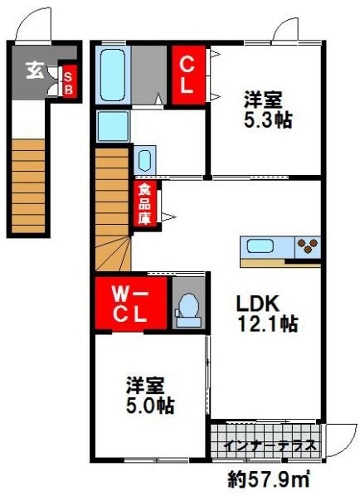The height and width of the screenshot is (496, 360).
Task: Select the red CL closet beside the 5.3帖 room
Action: tap(187, 75)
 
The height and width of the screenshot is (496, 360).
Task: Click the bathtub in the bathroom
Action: tap(112, 75)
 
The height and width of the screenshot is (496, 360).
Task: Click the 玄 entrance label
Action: tap(35, 70)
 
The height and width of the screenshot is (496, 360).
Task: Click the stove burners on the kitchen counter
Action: tap(307, 246)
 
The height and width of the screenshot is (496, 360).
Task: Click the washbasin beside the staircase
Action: tap(144, 160)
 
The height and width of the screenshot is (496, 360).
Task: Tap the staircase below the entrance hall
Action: tap(27, 182)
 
